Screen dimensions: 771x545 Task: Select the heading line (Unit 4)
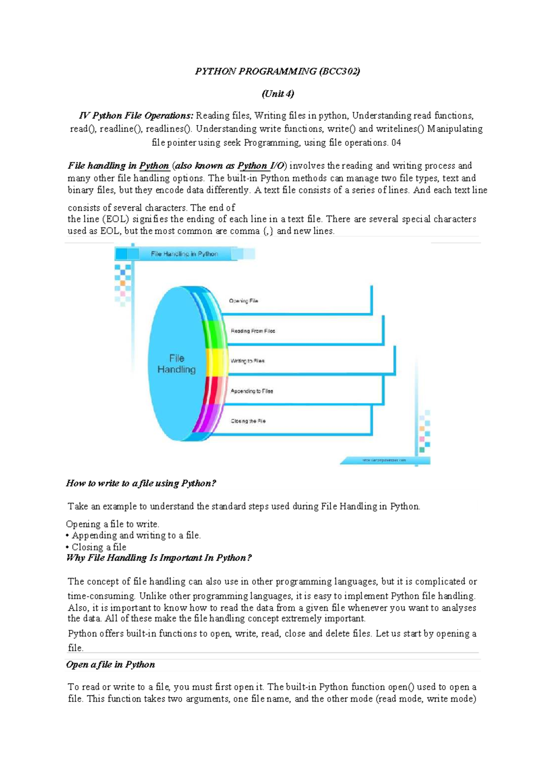click(x=277, y=94)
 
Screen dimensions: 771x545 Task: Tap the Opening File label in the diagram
click(x=243, y=301)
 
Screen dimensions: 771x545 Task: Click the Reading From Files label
click(x=253, y=331)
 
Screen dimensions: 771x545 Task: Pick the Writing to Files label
click(x=248, y=361)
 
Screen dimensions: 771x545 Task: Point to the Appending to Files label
click(x=252, y=391)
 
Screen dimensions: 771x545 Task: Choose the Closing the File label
click(x=248, y=421)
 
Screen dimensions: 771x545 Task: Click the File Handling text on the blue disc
click(x=176, y=364)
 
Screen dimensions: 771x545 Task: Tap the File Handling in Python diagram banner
click(x=184, y=254)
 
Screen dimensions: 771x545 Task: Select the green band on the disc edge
click(x=213, y=334)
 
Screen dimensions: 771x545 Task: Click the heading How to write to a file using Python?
click(x=141, y=483)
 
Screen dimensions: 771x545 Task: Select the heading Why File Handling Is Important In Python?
click(x=159, y=558)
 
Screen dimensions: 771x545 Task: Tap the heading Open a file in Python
click(x=110, y=664)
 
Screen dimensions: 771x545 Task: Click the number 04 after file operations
click(x=396, y=143)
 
